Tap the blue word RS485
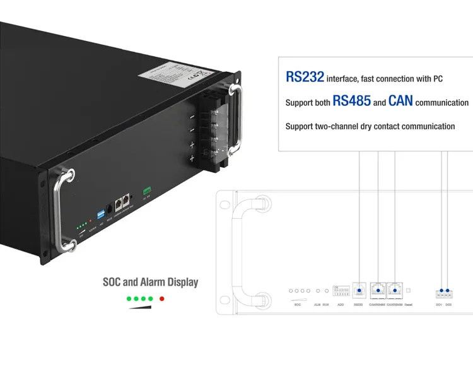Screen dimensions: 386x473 click(x=351, y=101)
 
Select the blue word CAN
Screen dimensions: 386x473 click(x=400, y=101)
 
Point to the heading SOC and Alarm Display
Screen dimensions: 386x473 click(x=150, y=282)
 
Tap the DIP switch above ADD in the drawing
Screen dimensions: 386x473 click(x=341, y=292)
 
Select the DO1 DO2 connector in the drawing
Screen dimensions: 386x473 click(x=444, y=293)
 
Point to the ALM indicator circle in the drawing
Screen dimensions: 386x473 click(x=318, y=291)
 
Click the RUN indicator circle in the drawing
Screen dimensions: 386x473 click(x=325, y=291)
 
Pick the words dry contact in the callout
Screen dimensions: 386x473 click(x=366, y=126)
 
